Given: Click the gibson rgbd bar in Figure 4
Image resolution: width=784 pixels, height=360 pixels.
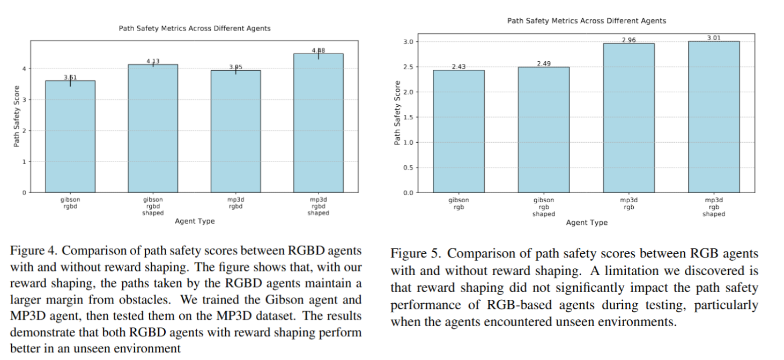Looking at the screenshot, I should point(70,136).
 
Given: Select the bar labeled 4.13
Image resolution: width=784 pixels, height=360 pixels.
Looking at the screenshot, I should point(153,128).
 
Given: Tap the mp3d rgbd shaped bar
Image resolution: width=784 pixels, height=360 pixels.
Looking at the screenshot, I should point(318,123).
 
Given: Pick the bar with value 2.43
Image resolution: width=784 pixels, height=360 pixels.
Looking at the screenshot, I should point(458,131).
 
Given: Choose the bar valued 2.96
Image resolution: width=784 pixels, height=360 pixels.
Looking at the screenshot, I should point(628,117).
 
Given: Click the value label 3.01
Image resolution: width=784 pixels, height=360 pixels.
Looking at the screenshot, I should point(713,38).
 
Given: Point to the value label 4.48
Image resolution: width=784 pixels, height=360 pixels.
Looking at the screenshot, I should point(318,50).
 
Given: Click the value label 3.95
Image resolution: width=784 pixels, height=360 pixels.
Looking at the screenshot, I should point(235,67).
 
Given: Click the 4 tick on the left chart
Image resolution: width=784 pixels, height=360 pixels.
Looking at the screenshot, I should point(23,69).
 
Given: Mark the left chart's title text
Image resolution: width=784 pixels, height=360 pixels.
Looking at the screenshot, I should point(195,28).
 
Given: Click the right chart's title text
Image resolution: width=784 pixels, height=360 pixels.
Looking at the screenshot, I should point(587,21).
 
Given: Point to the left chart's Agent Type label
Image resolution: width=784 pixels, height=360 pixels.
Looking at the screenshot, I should point(195,221).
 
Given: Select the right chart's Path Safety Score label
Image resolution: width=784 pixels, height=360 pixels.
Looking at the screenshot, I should point(397,113).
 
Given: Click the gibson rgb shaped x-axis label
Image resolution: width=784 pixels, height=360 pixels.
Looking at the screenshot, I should point(543,207).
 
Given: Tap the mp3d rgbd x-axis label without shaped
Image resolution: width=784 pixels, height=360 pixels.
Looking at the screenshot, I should point(235,203).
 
